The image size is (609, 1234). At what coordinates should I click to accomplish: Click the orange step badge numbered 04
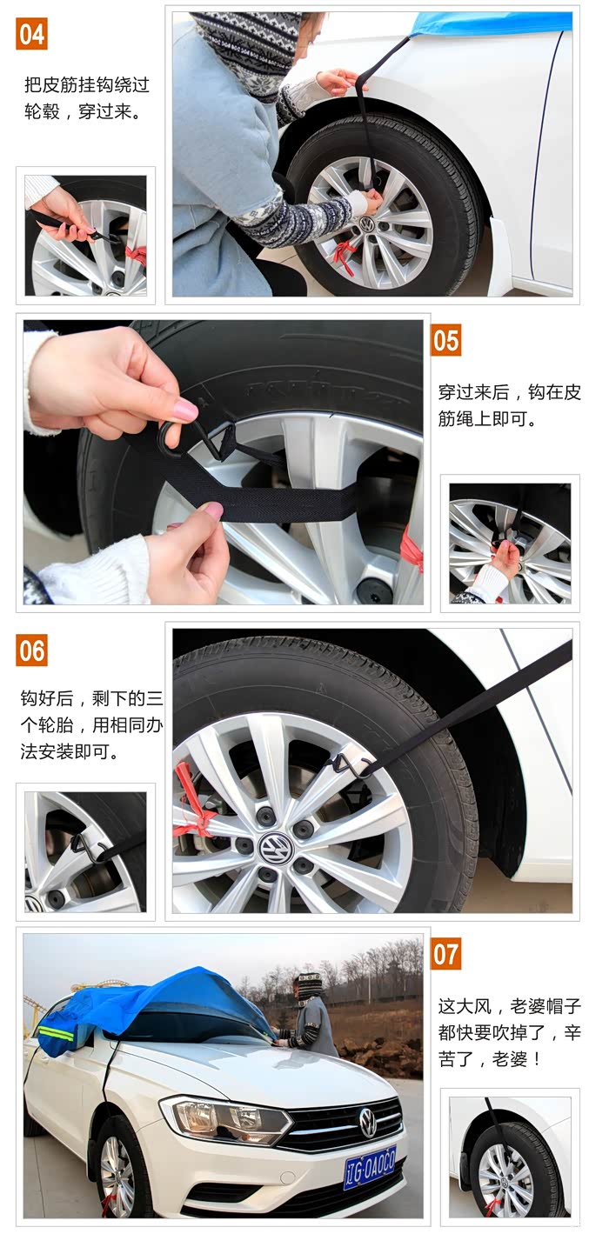[x=31, y=34]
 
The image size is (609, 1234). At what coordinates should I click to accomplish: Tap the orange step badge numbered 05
[x=445, y=340]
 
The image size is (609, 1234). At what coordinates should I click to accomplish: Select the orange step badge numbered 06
[x=31, y=650]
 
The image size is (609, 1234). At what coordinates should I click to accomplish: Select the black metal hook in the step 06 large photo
[x=348, y=766]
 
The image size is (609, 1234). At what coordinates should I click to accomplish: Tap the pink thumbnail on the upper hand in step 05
[x=185, y=410]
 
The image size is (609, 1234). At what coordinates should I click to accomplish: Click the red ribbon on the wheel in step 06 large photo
[x=191, y=802]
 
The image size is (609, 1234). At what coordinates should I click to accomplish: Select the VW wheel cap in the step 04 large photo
[x=366, y=224]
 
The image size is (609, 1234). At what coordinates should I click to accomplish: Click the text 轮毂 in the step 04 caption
[x=42, y=112]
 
